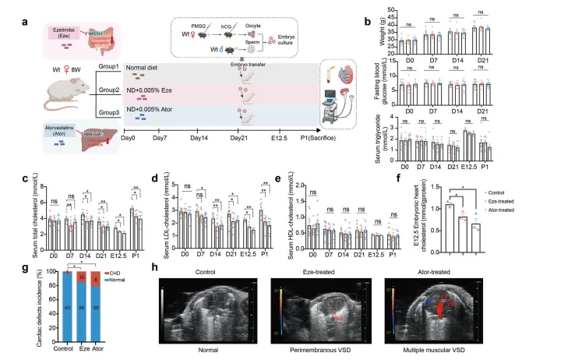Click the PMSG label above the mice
(203, 20)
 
